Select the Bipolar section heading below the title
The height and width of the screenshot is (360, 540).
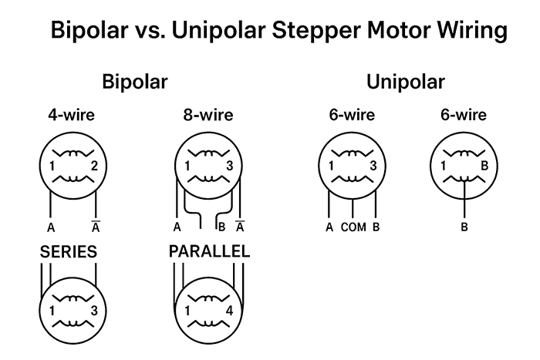coord(136,82)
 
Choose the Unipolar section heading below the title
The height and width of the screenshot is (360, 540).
coord(406,82)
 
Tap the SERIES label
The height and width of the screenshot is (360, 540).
coord(69,252)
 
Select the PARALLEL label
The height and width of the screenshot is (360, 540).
coord(209,252)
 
